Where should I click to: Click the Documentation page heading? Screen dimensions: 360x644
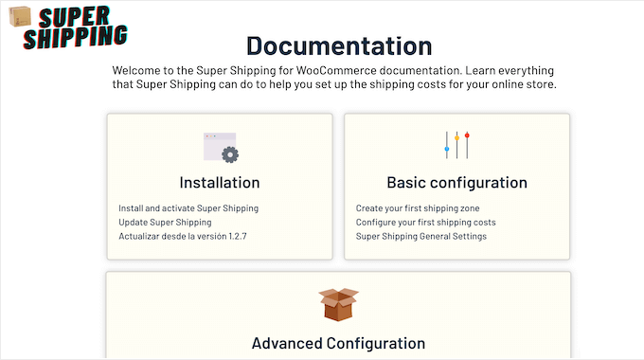[x=339, y=45]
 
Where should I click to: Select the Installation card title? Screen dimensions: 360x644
[x=219, y=183]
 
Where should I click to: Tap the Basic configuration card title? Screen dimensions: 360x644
[x=456, y=183]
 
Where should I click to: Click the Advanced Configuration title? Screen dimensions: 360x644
[x=338, y=343]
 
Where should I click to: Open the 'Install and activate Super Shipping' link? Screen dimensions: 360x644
[x=188, y=208]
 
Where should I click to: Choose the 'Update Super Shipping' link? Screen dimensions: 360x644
[x=165, y=223]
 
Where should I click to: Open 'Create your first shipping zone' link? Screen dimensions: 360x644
[x=418, y=208]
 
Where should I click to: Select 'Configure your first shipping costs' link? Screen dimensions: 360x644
[x=425, y=223]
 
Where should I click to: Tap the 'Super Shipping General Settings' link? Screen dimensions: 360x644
[x=420, y=236]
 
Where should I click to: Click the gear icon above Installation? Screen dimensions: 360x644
[x=229, y=153]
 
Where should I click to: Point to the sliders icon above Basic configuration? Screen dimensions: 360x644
[x=456, y=145]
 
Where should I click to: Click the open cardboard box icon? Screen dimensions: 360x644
[x=337, y=304]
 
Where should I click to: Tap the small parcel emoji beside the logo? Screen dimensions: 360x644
[x=20, y=16]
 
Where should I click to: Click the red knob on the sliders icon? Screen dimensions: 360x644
[x=467, y=135]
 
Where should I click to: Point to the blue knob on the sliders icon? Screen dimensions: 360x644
[x=446, y=149]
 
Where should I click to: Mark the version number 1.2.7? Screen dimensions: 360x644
[x=244, y=236]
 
